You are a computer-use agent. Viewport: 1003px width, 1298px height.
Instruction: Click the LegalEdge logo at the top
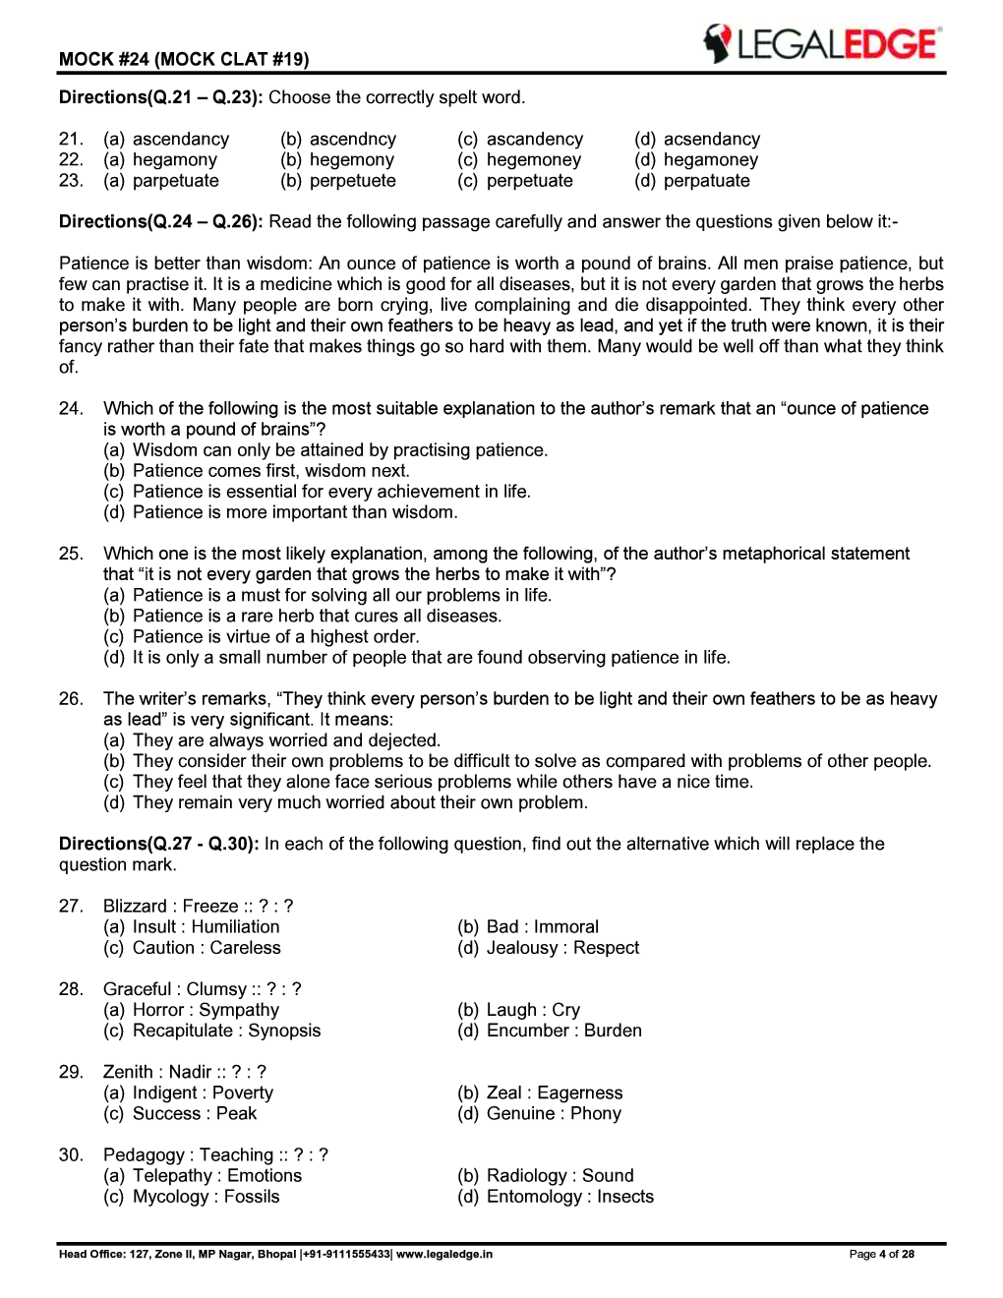tap(821, 44)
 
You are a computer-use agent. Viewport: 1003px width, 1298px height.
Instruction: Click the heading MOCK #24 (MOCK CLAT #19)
tap(184, 59)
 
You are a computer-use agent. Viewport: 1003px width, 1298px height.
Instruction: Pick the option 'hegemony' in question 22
tap(351, 160)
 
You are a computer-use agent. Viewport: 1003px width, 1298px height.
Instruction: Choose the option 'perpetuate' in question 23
tap(529, 181)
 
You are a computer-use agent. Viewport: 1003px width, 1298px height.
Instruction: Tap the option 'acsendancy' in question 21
tap(711, 140)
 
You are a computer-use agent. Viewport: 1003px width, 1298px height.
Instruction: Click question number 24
tap(71, 409)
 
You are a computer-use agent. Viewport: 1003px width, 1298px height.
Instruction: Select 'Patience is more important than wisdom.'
tap(295, 512)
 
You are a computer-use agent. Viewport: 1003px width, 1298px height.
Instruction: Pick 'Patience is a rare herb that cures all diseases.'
tap(317, 617)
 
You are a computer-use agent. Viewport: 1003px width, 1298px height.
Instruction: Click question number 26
tap(71, 699)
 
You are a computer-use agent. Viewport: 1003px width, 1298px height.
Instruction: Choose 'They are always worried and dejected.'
tap(286, 740)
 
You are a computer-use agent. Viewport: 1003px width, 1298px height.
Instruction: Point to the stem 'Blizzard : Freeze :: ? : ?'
tap(198, 907)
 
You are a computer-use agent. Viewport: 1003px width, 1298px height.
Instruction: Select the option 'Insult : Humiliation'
tap(206, 927)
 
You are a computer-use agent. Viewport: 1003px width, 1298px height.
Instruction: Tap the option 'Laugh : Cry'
tap(533, 1010)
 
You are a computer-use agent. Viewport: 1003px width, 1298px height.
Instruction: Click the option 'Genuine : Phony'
tap(554, 1113)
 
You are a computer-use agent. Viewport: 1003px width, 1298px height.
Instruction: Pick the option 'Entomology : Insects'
tap(569, 1197)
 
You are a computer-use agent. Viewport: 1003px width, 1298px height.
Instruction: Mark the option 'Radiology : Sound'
tap(560, 1176)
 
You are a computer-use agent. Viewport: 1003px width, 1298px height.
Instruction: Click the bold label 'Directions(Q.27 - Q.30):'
tap(159, 844)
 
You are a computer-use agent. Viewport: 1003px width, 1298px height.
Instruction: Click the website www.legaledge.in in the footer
tap(444, 1254)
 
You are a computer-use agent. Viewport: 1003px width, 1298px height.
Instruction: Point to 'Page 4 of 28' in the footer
tap(881, 1254)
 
